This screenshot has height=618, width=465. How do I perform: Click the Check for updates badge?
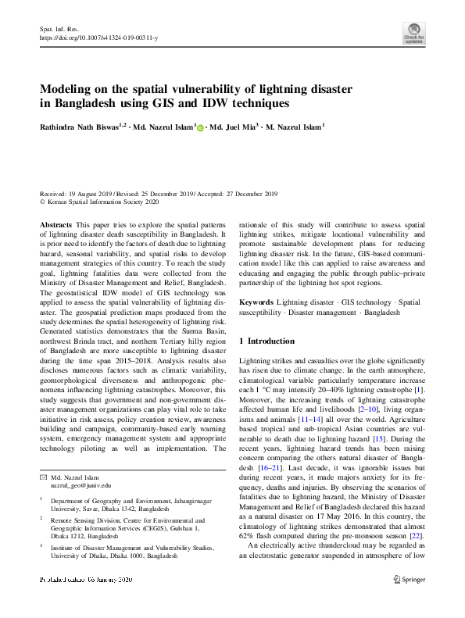[413, 32]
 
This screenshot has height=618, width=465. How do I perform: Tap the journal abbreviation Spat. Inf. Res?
[57, 28]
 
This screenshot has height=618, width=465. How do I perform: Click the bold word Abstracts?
[55, 223]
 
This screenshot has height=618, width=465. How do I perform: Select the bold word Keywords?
[256, 302]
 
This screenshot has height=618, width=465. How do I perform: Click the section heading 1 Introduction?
[266, 341]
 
